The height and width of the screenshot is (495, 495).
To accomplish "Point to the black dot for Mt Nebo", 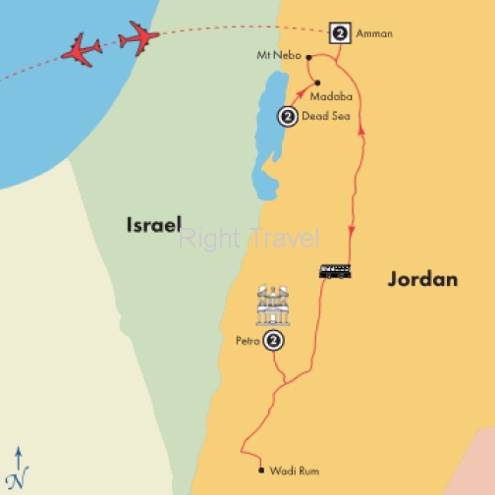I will pyautogui.click(x=308, y=57).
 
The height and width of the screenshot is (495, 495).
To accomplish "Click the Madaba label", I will pyautogui.click(x=330, y=97).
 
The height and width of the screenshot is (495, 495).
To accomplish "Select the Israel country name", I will pyautogui.click(x=152, y=225).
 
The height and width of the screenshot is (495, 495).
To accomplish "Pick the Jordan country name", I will pyautogui.click(x=422, y=279).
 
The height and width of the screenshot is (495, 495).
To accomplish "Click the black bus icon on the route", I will pyautogui.click(x=335, y=271).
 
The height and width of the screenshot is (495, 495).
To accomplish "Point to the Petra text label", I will pyautogui.click(x=248, y=342).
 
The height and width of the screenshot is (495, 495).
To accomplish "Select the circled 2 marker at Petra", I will pyautogui.click(x=275, y=341).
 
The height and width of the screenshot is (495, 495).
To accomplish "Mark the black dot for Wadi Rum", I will pyautogui.click(x=260, y=470).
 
